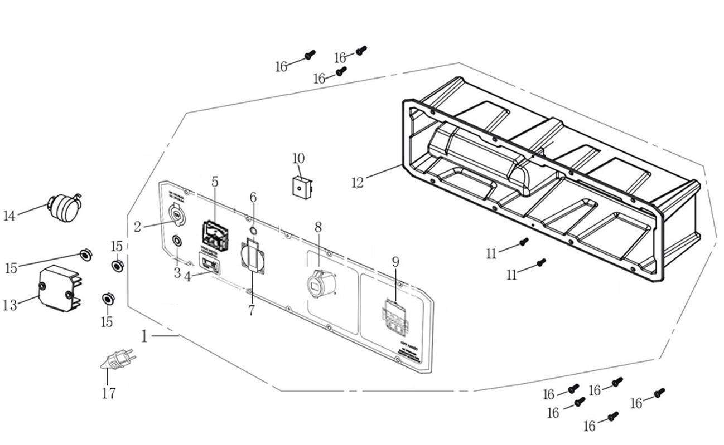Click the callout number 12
click(358, 182)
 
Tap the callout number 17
click(109, 393)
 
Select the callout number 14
click(9, 216)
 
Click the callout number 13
click(9, 305)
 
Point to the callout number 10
click(298, 158)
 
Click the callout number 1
click(144, 336)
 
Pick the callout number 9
click(395, 261)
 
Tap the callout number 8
click(318, 227)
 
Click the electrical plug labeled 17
click(117, 359)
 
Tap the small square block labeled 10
click(302, 187)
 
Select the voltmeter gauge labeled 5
click(215, 236)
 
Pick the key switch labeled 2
click(176, 215)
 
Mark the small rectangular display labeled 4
click(209, 262)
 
